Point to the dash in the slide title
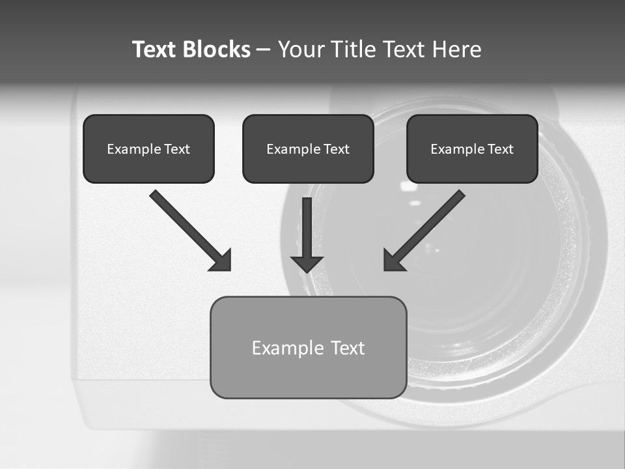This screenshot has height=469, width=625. coord(264,50)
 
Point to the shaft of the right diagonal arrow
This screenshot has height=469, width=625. coord(434,221)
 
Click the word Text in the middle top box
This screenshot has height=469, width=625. coord(336,149)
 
